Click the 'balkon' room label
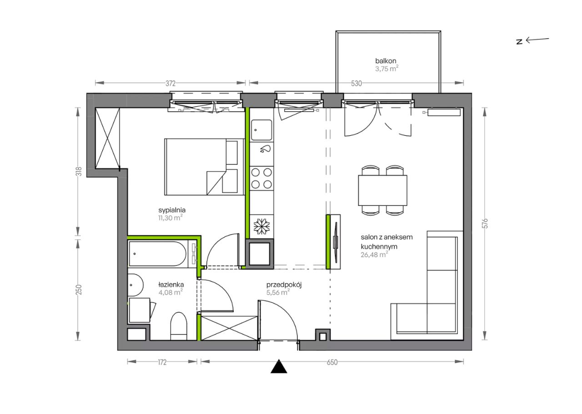386,61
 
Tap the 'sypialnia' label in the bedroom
172,210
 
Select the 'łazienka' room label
171,284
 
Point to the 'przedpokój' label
284,285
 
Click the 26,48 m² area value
374,254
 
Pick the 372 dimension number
171,83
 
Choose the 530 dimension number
356,83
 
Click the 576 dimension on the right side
485,224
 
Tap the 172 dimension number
162,362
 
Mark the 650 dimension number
332,362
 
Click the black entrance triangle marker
279,367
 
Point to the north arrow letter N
519,42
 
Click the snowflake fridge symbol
261,226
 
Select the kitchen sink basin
261,130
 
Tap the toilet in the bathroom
179,326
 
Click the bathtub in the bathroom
158,254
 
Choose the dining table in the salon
382,190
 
